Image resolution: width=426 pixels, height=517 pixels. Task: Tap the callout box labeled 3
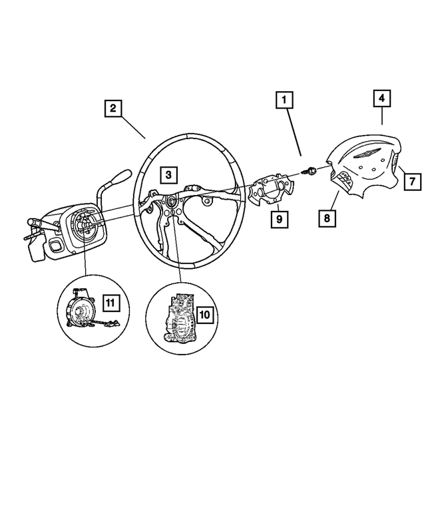coord(168,175)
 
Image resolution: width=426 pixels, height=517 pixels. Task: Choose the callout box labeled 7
coord(411,180)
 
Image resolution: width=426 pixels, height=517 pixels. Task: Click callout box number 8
coord(327,217)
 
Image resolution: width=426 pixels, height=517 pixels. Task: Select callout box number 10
coord(204,312)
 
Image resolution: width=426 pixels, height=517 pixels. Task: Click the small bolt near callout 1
coord(310,172)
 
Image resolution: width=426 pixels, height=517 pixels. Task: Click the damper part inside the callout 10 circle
coord(178,319)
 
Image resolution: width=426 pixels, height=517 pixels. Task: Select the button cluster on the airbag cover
coord(345,178)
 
